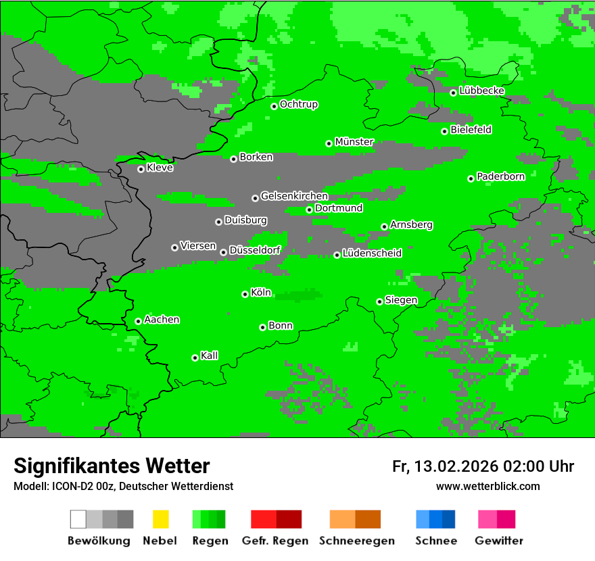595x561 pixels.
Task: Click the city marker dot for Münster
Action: tap(329, 143)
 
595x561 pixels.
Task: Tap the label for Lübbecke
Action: tap(481, 91)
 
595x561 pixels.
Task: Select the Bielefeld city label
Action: tap(471, 130)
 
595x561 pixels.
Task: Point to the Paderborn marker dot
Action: tap(471, 178)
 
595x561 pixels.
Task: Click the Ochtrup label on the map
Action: tap(298, 105)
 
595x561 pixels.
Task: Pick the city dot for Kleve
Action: tap(141, 169)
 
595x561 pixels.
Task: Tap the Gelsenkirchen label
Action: tap(294, 196)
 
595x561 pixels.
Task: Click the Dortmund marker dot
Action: tap(309, 210)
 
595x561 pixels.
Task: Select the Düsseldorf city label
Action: tap(255, 250)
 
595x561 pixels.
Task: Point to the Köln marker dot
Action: tap(245, 294)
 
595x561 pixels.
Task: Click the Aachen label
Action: tap(162, 320)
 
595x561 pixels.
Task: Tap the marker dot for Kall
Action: tap(195, 358)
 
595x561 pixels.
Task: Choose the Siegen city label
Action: tap(401, 300)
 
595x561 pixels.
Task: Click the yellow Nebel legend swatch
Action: tap(160, 519)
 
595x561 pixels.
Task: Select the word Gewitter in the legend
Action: tap(499, 541)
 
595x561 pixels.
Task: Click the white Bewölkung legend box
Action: tap(78, 519)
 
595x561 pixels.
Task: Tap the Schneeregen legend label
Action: tap(357, 541)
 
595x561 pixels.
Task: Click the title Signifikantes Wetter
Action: tap(112, 466)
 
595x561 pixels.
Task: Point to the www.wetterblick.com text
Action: tap(487, 486)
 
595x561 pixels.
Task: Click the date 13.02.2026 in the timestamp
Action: tap(456, 466)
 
